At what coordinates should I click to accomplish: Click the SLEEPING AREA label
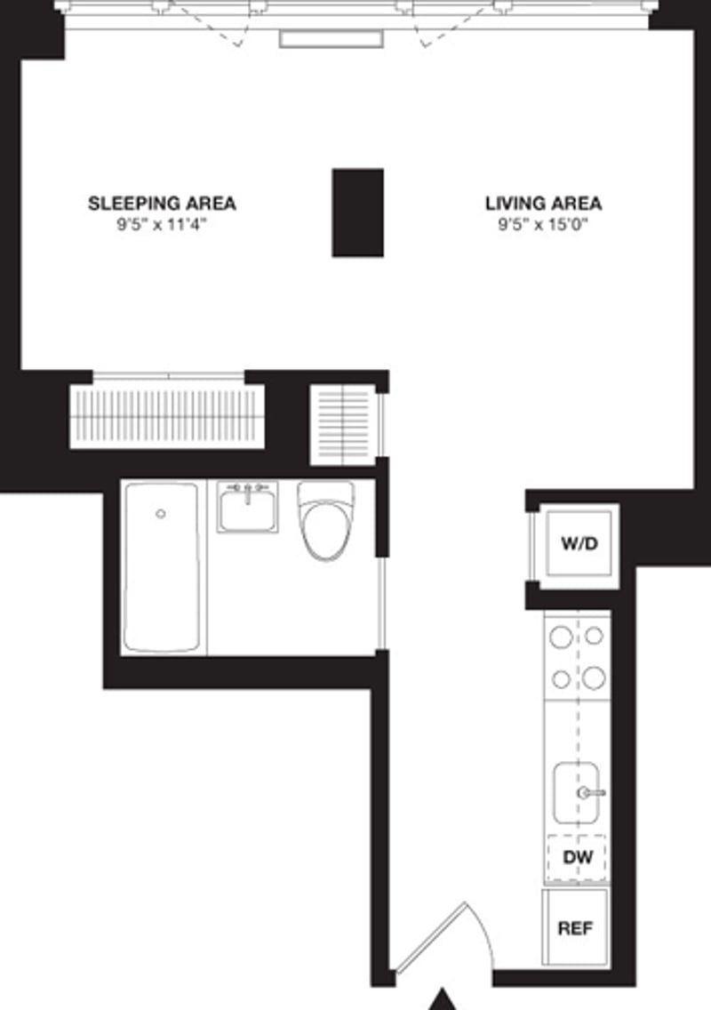coord(162,204)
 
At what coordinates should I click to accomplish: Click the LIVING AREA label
coord(543,204)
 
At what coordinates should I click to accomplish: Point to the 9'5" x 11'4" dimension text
coord(162,225)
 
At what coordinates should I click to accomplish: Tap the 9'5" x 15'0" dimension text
coord(543,225)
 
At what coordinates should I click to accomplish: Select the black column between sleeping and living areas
coord(358,212)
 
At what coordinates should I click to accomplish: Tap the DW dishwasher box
coord(577,858)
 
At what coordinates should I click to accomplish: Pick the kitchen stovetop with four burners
coord(577,657)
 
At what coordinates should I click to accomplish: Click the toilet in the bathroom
coord(325,520)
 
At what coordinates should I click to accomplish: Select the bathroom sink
coord(247,507)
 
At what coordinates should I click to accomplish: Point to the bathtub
coord(161,567)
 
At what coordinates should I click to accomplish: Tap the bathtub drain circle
coord(161,514)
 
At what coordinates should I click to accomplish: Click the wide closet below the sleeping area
coord(167,416)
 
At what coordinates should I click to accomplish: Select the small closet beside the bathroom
coord(343,424)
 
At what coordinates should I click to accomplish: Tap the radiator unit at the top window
coord(331,38)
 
